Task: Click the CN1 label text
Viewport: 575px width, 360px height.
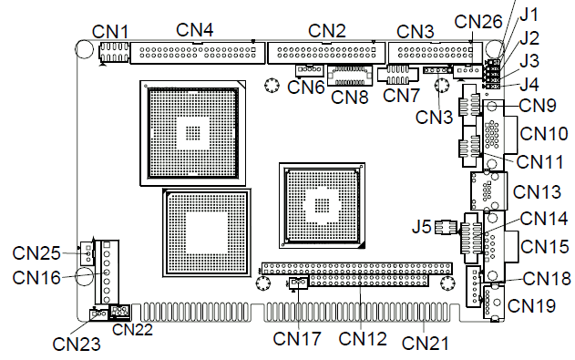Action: (110, 32)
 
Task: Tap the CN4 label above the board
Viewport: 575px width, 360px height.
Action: (195, 30)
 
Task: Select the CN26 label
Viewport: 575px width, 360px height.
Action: (477, 22)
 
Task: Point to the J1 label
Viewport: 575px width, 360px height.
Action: (529, 15)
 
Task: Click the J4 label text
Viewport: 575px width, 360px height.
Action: (529, 85)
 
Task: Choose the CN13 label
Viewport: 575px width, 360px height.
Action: (537, 192)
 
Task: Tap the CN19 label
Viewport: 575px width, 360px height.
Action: (531, 305)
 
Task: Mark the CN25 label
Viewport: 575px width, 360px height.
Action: (36, 253)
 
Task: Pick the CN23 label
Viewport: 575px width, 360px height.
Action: (77, 345)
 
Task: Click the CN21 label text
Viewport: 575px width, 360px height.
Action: (425, 344)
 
